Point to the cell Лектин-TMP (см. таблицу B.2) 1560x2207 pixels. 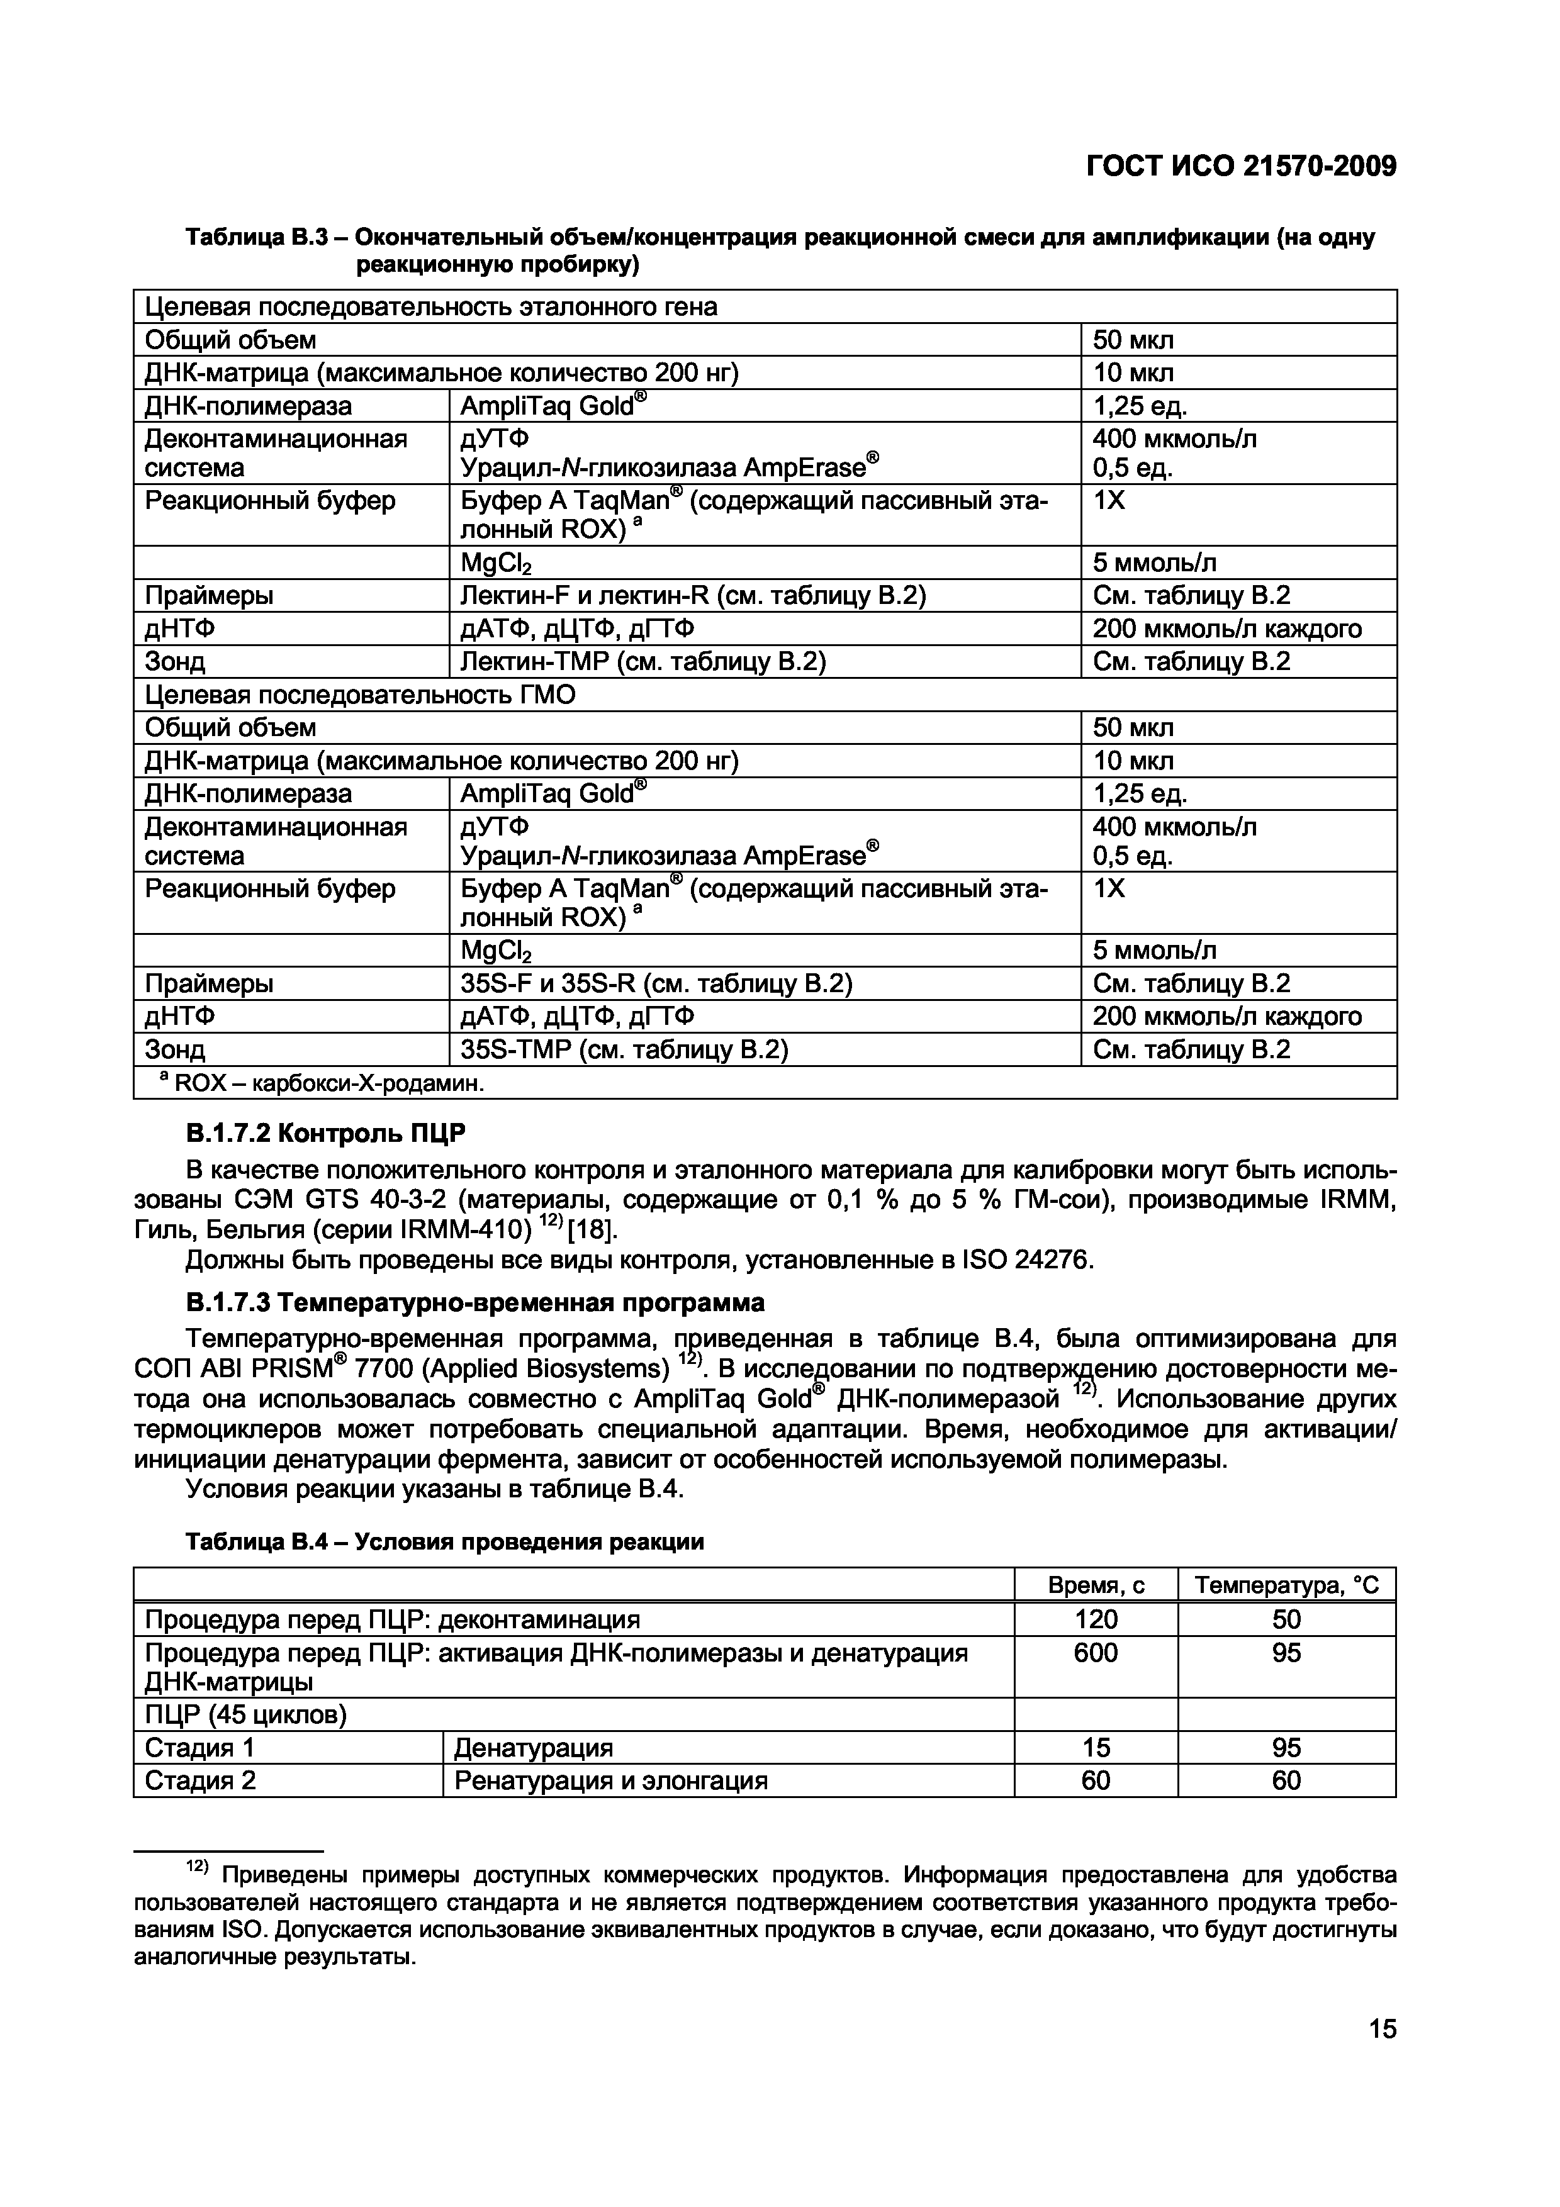tap(643, 661)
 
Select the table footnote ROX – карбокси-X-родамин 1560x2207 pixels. tap(322, 1083)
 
